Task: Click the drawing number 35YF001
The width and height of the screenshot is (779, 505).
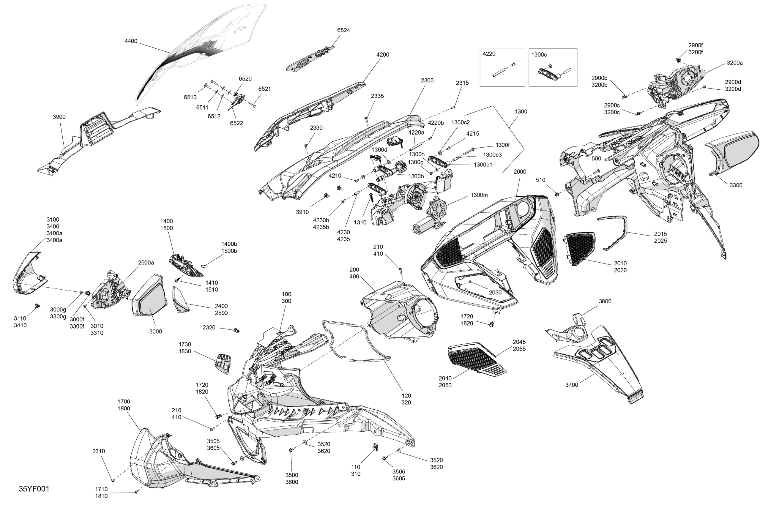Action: tap(34, 489)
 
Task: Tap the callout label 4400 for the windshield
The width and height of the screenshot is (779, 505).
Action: tap(131, 41)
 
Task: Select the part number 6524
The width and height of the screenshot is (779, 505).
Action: tap(343, 30)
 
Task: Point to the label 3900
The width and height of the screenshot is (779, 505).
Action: tap(59, 117)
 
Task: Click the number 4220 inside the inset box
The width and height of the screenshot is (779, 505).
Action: tap(489, 54)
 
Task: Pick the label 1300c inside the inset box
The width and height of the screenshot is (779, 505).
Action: tap(539, 55)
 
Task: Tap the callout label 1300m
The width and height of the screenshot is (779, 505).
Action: tap(479, 195)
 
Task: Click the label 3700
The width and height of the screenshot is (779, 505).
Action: tap(572, 385)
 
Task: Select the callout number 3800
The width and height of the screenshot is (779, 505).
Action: tap(605, 302)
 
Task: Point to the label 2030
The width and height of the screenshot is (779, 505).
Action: tap(495, 292)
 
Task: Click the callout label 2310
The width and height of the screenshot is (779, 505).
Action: tap(99, 451)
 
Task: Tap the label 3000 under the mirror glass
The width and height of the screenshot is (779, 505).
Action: tap(155, 332)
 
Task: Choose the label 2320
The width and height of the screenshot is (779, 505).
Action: tap(209, 327)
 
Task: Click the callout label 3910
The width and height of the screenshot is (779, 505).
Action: tap(302, 212)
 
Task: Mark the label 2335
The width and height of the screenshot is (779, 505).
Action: tap(377, 96)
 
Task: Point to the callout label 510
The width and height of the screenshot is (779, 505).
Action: tap(541, 180)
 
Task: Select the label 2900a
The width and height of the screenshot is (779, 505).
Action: tap(146, 263)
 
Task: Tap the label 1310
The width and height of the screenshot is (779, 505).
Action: tap(360, 222)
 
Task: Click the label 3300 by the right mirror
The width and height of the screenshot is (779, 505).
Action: tap(736, 185)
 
